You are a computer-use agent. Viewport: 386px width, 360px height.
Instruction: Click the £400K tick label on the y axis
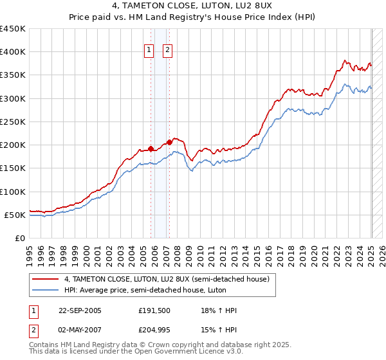pyautogui.click(x=14, y=52)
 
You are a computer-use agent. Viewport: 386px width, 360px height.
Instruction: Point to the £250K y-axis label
pyautogui.click(x=14, y=122)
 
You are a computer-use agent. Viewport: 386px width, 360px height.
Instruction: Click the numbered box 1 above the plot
pyautogui.click(x=149, y=50)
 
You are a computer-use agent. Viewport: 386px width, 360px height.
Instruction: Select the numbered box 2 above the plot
pyautogui.click(x=167, y=50)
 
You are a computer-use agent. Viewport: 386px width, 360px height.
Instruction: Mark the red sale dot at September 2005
pyautogui.click(x=151, y=148)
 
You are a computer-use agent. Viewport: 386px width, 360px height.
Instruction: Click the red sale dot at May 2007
pyautogui.click(x=169, y=142)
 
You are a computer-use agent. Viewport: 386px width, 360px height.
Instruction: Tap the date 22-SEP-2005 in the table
pyautogui.click(x=80, y=310)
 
